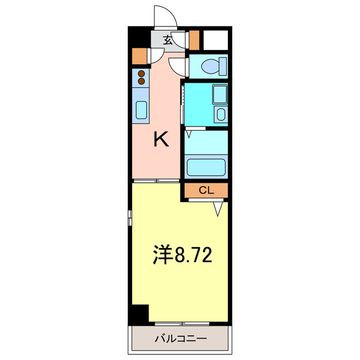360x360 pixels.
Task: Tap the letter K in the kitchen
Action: pyautogui.click(x=161, y=139)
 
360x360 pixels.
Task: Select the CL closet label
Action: pyautogui.click(x=206, y=191)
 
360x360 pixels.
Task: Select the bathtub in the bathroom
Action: pyautogui.click(x=206, y=167)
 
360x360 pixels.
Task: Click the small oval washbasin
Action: pyautogui.click(x=220, y=115)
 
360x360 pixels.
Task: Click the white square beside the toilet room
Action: pyautogui.click(x=215, y=39)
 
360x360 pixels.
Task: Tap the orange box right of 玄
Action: pyautogui.click(x=194, y=39)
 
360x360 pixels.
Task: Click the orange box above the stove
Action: pyautogui.click(x=139, y=55)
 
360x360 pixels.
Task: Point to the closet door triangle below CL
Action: pyautogui.click(x=219, y=208)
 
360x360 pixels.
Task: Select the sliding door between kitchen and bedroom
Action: pyautogui.click(x=156, y=181)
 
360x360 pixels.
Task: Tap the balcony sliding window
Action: pyautogui.click(x=182, y=323)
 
